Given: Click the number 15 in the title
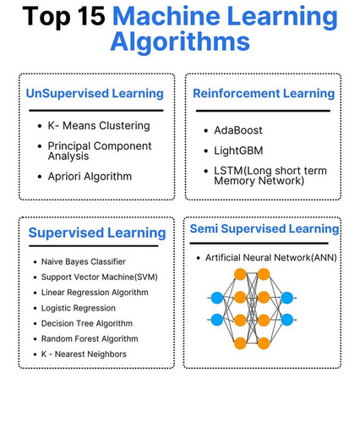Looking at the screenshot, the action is [91, 16].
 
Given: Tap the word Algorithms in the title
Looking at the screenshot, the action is [180, 42].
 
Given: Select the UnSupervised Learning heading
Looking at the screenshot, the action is [95, 94].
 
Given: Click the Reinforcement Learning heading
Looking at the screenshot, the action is [264, 94].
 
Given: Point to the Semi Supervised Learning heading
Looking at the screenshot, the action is [265, 228].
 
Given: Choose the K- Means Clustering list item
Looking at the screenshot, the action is [99, 126].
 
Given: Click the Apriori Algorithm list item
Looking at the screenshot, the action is [90, 177].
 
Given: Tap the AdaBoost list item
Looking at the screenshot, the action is [238, 130].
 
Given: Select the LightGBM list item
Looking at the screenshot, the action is [238, 151].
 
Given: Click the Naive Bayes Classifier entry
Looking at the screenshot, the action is [84, 261].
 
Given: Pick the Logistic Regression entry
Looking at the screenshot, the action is [79, 308].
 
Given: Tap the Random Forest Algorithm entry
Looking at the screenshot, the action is [90, 338].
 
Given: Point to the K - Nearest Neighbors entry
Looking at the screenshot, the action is [84, 354].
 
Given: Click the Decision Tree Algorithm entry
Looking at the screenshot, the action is [87, 323].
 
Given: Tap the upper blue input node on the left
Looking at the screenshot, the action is [217, 298].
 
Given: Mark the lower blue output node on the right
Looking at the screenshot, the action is [287, 320].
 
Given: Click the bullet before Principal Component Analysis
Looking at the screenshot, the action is [40, 146].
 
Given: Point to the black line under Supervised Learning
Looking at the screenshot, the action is [94, 246].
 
